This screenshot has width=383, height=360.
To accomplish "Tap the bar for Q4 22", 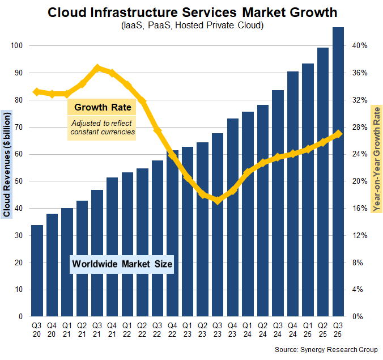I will [x=172, y=232].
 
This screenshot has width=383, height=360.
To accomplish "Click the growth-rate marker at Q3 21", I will [x=97, y=67].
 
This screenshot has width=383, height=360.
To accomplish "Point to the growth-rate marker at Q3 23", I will [x=217, y=200].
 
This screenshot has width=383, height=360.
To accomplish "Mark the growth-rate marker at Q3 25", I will [x=338, y=134].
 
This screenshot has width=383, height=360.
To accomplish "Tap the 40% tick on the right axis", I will [x=361, y=46].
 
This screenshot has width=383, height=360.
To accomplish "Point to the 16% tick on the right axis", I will [x=361, y=209].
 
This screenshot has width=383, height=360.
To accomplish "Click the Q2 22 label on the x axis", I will [x=142, y=329].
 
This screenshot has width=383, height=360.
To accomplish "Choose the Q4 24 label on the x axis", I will [x=293, y=329].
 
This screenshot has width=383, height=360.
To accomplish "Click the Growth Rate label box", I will [x=103, y=107].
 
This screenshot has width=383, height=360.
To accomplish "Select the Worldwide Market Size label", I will [x=122, y=264].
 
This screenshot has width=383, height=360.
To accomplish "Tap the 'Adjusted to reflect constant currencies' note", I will [x=103, y=128].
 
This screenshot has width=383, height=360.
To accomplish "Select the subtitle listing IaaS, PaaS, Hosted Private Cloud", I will [x=191, y=26].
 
